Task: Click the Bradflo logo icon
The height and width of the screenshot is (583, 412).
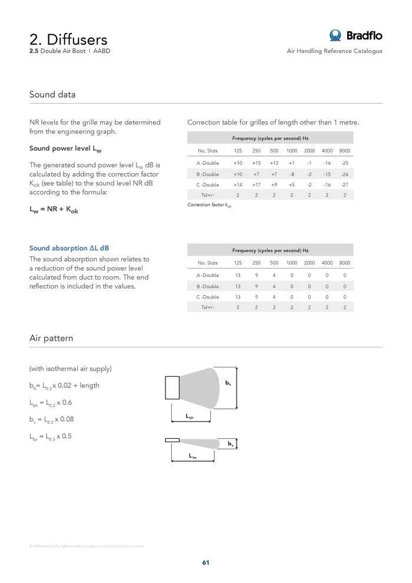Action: [x=335, y=35]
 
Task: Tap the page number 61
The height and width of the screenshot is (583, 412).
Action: [x=206, y=562]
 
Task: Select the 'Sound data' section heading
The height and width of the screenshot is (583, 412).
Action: [x=52, y=94]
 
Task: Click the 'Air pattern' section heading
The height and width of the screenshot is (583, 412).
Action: [x=51, y=338]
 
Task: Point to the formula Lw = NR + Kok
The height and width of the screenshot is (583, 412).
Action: [x=54, y=210]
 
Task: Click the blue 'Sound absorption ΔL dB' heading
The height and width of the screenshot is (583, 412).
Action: [x=69, y=248]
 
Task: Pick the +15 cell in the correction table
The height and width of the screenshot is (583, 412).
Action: [x=256, y=163]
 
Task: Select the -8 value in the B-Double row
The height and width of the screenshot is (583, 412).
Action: [x=291, y=174]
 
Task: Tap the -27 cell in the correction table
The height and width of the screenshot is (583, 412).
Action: [x=344, y=185]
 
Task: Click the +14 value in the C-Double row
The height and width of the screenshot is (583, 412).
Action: [x=238, y=185]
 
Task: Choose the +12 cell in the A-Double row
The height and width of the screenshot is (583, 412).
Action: [x=274, y=163]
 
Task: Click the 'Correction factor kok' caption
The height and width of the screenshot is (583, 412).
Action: [x=209, y=205]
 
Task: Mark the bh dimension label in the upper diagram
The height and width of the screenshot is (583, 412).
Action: [x=228, y=383]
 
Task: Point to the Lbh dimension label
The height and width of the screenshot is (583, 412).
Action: [x=190, y=417]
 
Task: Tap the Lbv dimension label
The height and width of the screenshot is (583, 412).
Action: [x=192, y=456]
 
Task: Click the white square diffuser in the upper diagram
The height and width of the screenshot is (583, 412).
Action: [x=172, y=387]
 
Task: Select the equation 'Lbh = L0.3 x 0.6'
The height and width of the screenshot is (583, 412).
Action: [x=51, y=403]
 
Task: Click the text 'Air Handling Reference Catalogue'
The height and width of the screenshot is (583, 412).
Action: [x=334, y=51]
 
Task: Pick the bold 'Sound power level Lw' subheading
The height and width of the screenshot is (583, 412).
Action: [x=65, y=148]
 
